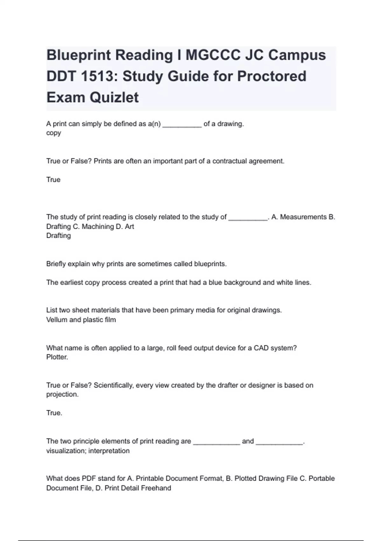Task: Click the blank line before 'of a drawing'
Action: click(182, 124)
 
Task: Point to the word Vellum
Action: click(57, 320)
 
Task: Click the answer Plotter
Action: click(57, 357)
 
